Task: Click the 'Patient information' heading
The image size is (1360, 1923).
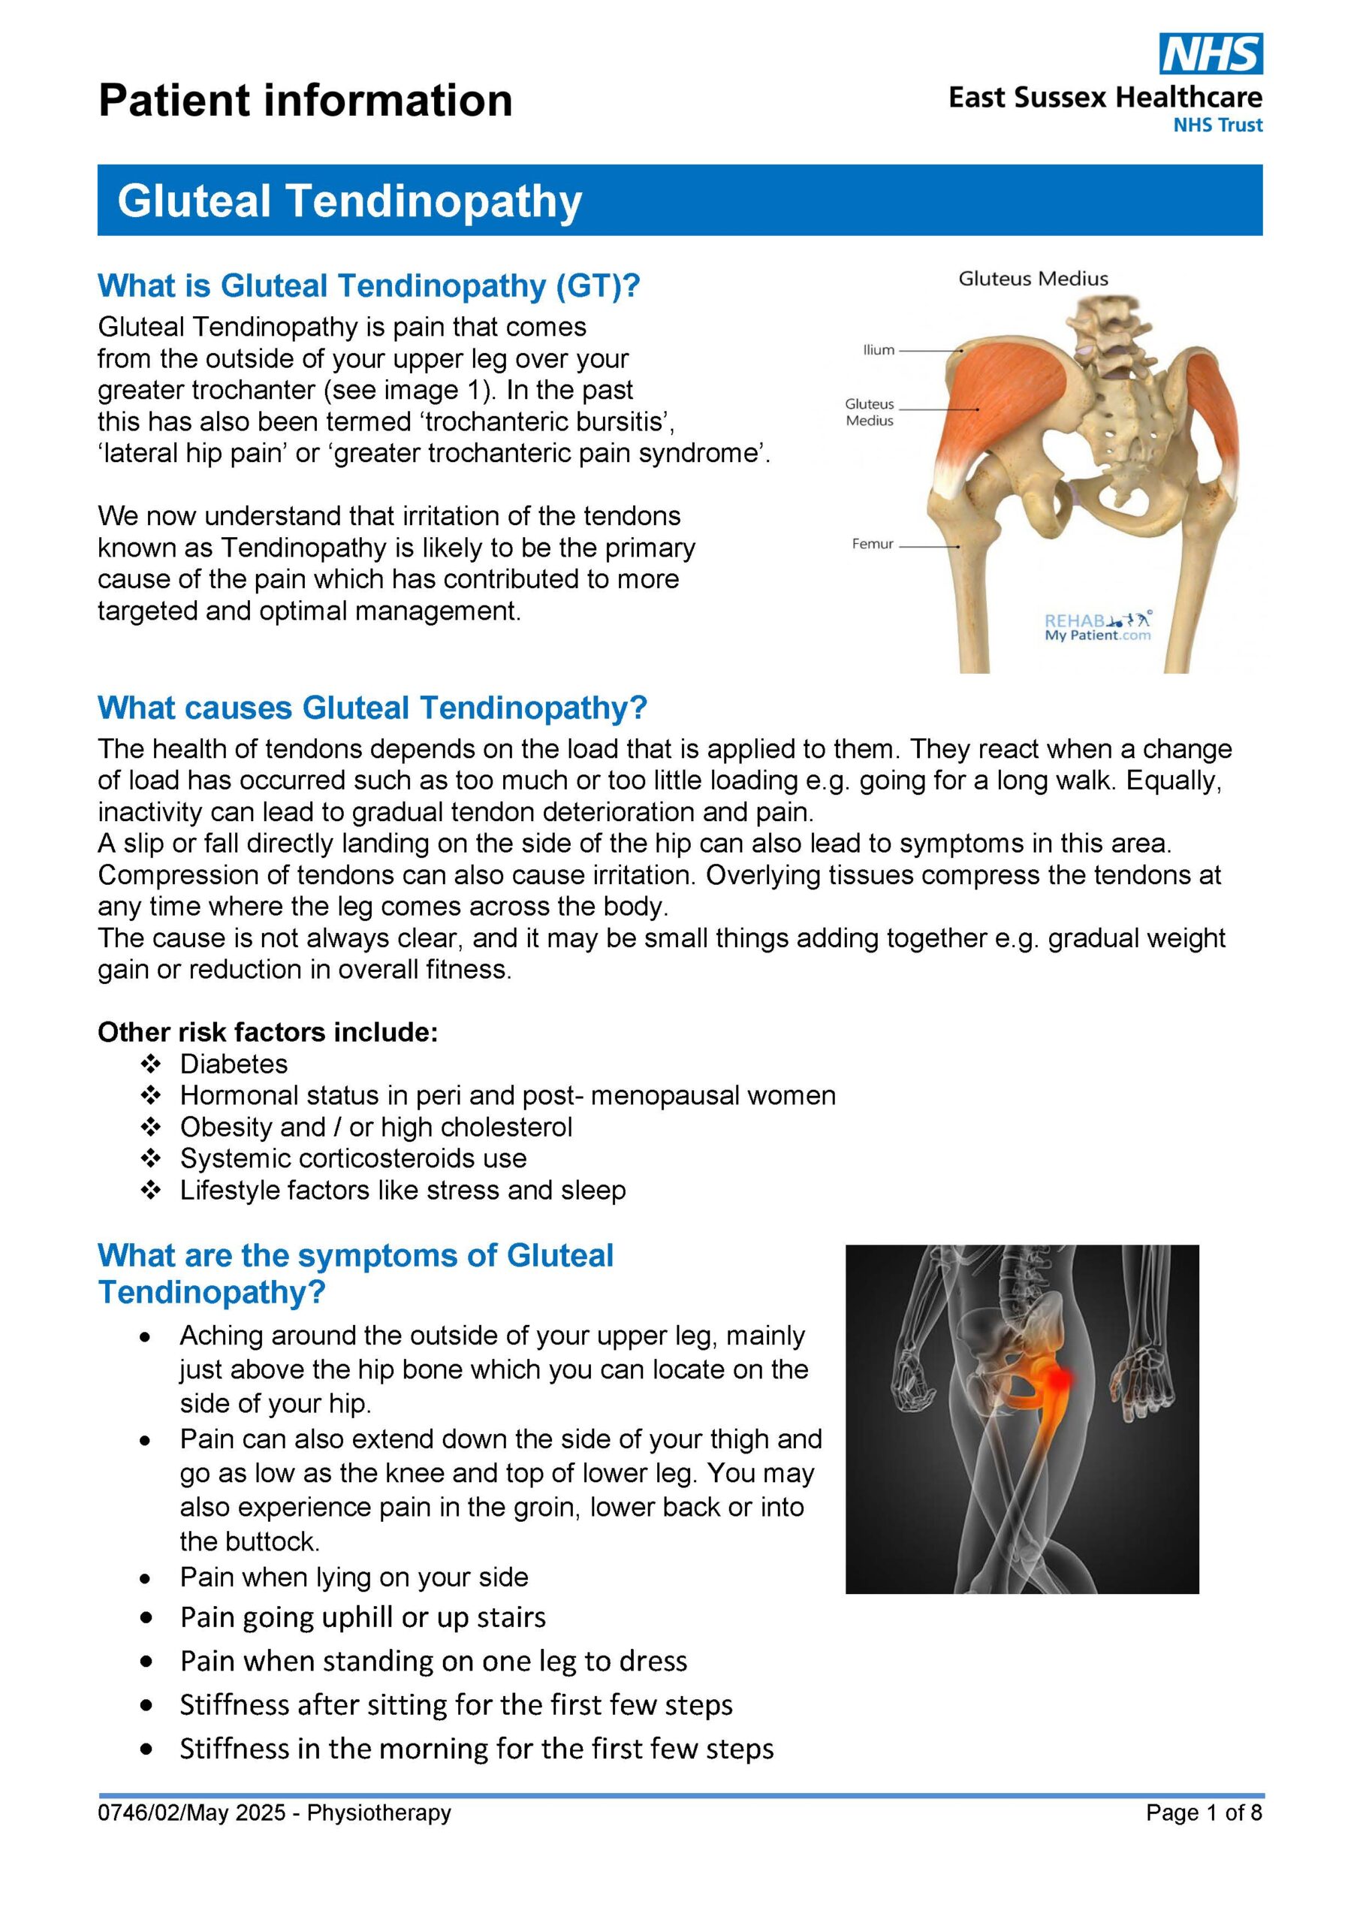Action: (305, 101)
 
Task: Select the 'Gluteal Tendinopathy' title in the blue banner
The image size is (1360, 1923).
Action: (349, 201)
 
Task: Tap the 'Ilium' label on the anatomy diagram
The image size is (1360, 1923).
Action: (879, 350)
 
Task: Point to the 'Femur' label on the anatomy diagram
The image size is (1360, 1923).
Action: (873, 545)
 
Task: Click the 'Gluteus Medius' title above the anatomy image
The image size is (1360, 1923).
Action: (1033, 279)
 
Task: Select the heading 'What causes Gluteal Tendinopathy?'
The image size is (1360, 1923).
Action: (372, 708)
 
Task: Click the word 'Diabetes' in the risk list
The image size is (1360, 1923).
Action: (234, 1064)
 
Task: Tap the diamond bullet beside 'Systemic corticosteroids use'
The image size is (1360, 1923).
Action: (151, 1159)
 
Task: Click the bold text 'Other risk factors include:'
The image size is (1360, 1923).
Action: (268, 1033)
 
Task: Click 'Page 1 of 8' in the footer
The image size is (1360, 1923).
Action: (1203, 1813)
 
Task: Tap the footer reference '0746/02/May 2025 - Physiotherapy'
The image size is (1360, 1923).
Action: (275, 1813)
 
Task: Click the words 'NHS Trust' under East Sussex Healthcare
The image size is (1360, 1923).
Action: (1217, 125)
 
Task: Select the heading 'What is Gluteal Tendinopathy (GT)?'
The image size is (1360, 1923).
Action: (369, 286)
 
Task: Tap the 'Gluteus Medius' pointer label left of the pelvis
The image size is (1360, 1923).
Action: (870, 413)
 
